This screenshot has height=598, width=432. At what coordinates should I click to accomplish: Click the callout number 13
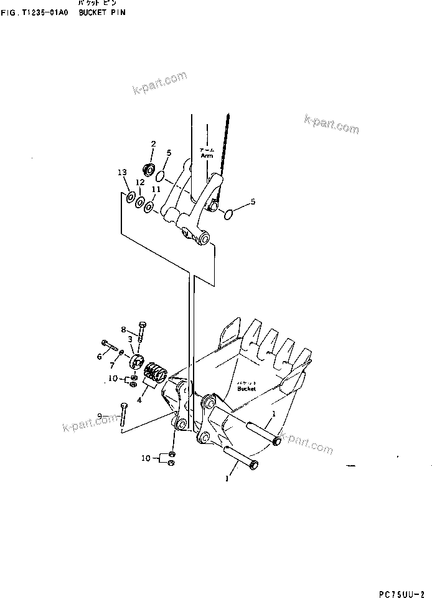click(x=122, y=173)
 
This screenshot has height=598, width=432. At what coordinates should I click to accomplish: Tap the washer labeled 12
click(x=141, y=203)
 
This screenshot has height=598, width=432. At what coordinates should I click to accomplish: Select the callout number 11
click(x=156, y=189)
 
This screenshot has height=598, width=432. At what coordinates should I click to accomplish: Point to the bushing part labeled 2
click(x=150, y=168)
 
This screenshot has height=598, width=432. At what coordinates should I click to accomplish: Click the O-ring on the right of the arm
click(x=228, y=214)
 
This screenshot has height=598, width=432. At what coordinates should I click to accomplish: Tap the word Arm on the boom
click(x=207, y=156)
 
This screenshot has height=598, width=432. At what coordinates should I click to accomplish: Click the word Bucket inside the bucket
click(x=247, y=389)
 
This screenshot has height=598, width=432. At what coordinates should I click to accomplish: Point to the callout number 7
click(x=113, y=364)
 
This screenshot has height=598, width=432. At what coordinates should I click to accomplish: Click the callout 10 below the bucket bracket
click(x=145, y=458)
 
